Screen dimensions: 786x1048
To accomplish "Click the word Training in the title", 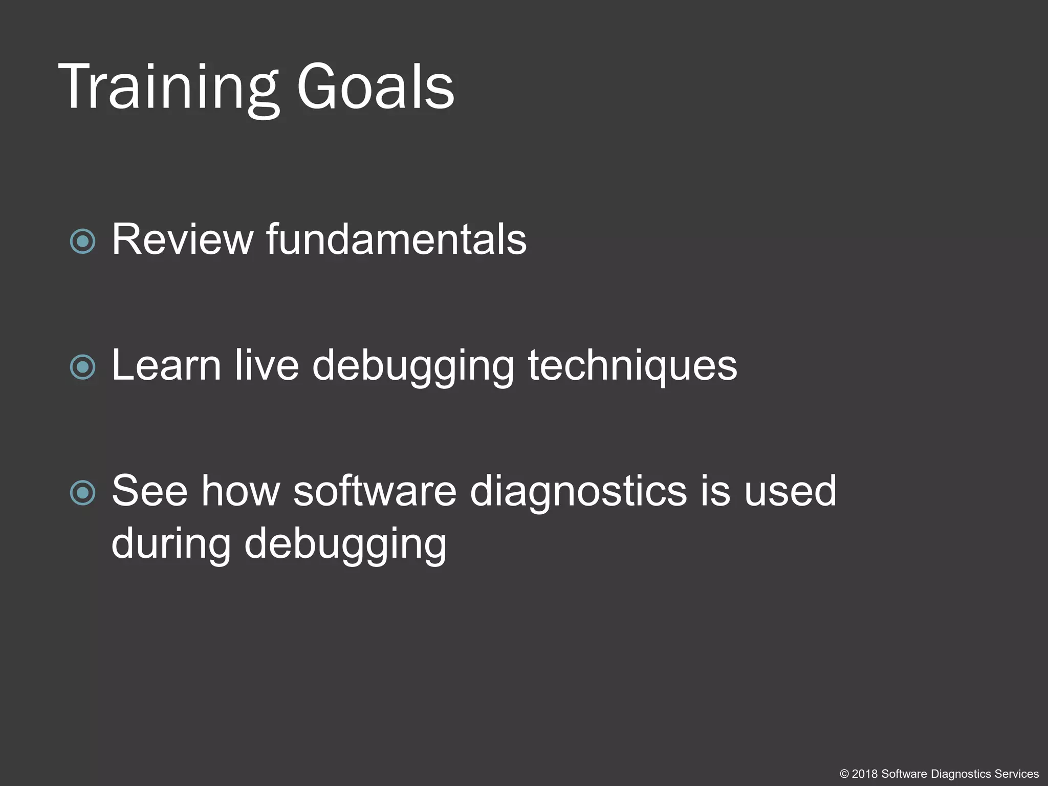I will point(169,87).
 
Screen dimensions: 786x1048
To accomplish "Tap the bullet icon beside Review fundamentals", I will point(83,241).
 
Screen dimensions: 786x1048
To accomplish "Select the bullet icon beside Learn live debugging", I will point(83,367).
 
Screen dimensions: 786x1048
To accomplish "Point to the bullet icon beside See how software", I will point(83,493).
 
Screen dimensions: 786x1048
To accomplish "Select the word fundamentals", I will point(396,239).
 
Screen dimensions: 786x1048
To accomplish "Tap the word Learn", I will point(166,365).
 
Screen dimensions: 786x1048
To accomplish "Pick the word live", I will point(267,365).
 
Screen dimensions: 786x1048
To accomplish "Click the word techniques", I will point(632,365).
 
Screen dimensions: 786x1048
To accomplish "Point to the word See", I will point(149,491).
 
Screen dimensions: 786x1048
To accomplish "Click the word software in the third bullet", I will point(375,491).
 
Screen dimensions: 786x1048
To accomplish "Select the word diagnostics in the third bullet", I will point(578,492).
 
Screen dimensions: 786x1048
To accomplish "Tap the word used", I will point(790,491).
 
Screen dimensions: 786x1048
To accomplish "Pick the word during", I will point(171,543).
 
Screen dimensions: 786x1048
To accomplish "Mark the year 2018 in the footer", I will point(865,774).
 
